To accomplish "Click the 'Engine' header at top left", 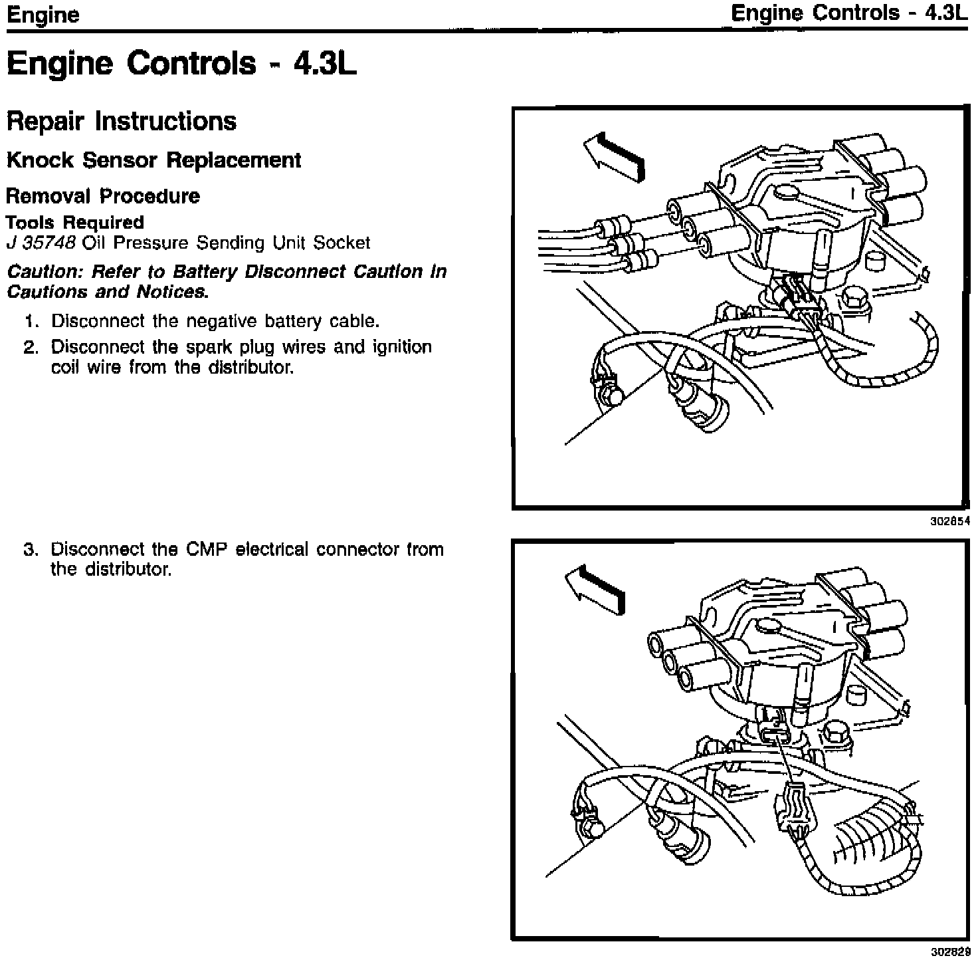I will pos(43,15).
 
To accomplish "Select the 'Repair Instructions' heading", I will pos(121,122).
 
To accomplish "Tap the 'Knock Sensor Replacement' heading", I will pos(153,160).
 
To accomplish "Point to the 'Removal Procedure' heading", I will pos(103,196).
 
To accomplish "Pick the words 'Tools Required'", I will pos(74,222).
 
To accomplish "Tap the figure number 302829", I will pos(950,951).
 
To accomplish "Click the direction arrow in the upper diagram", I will pos(613,156).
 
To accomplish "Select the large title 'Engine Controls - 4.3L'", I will pos(181,64).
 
